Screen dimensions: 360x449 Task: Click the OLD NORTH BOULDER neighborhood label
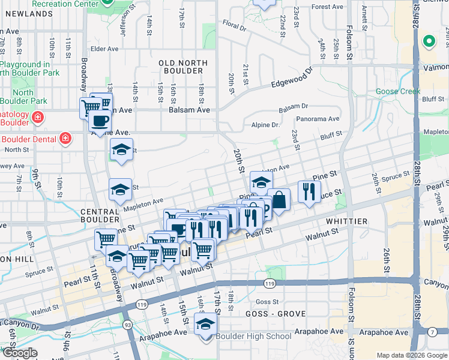coord(181,67)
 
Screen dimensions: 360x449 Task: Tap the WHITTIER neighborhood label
coord(347,221)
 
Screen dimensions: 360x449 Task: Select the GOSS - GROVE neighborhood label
coord(276,314)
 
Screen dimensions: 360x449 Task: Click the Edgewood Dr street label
coord(292,78)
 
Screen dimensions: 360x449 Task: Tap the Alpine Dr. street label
coord(266,125)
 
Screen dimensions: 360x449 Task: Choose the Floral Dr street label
coord(235,27)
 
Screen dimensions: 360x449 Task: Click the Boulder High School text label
coord(255,336)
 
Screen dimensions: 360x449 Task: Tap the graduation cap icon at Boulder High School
coord(205,325)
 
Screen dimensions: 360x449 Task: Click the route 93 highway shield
coord(127,325)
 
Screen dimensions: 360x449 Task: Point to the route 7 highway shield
coord(432,332)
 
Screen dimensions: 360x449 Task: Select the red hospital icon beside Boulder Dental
coord(65,139)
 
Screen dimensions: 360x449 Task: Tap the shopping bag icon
coord(279,199)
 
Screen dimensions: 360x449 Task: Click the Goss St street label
coord(267,302)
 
